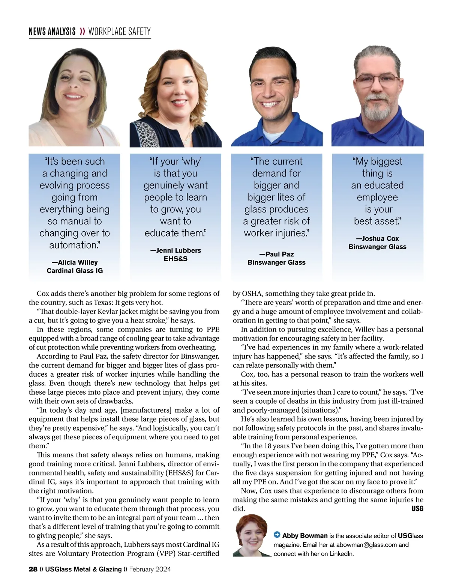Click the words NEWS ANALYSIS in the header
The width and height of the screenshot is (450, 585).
click(x=52, y=32)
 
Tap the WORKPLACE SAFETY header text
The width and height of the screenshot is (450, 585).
click(x=119, y=32)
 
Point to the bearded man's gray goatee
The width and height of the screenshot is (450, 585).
click(x=377, y=109)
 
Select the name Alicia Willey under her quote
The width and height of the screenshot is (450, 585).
click(x=75, y=262)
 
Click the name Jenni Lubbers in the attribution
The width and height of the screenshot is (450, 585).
click(x=175, y=250)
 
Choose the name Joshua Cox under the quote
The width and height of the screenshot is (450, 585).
click(x=377, y=238)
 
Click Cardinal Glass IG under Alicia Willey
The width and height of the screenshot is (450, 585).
click(x=75, y=271)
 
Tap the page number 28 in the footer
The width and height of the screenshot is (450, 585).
click(x=33, y=569)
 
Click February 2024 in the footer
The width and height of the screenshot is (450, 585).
click(x=150, y=569)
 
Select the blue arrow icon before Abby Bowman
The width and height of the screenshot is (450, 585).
click(x=277, y=535)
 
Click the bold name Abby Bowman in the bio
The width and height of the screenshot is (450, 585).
click(x=305, y=536)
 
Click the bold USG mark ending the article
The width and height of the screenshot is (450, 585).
click(x=417, y=509)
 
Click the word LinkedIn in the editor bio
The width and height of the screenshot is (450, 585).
click(x=341, y=554)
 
